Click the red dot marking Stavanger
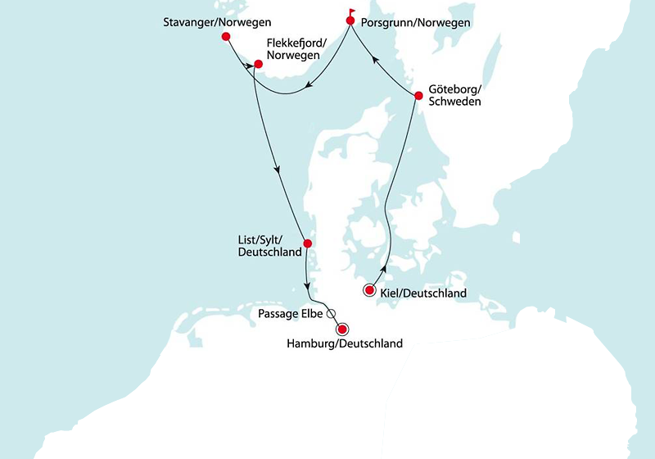(x=226, y=37)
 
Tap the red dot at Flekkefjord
(x=258, y=64)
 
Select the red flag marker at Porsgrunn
(x=350, y=18)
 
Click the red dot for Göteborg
(x=418, y=96)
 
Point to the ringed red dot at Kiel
(x=369, y=291)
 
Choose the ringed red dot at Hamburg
(x=342, y=329)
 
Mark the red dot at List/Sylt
(x=307, y=243)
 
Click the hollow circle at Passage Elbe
(x=331, y=313)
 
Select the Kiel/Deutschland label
(x=422, y=293)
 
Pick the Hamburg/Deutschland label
(x=345, y=344)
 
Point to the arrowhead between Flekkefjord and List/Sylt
(x=279, y=172)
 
